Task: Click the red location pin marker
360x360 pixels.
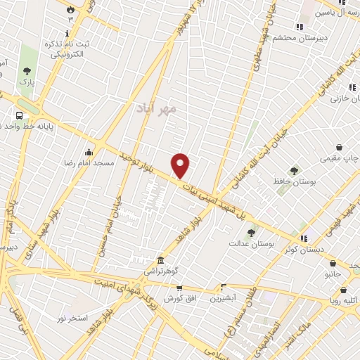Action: (x=181, y=166)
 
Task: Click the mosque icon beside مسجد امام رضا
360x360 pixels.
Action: (x=89, y=152)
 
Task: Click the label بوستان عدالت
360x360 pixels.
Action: (x=250, y=243)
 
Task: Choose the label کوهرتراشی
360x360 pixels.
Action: (x=161, y=270)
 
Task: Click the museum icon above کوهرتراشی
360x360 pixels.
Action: (x=161, y=259)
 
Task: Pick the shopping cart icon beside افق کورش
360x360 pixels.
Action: (x=179, y=288)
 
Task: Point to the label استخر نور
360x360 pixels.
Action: (x=73, y=318)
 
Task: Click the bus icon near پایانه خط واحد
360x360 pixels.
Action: (x=18, y=116)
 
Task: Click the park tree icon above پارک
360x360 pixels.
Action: (x=27, y=71)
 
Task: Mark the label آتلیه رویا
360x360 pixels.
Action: (x=344, y=301)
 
